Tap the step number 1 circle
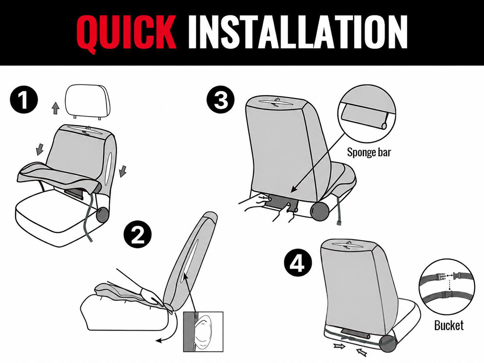click(24, 100)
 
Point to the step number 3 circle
click(221, 99)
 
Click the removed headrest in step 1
click(88, 102)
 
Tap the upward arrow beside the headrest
click(56, 108)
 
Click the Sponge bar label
click(369, 153)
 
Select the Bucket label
click(449, 326)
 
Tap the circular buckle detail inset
click(447, 287)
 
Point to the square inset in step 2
click(203, 332)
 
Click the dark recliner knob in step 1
click(103, 214)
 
